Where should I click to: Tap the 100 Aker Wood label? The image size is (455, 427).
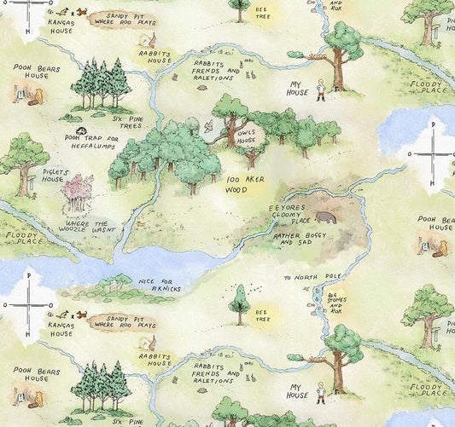(x=246, y=185)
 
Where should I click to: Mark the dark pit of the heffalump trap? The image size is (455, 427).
(x=80, y=130)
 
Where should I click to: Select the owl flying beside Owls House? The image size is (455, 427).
(x=208, y=125)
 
